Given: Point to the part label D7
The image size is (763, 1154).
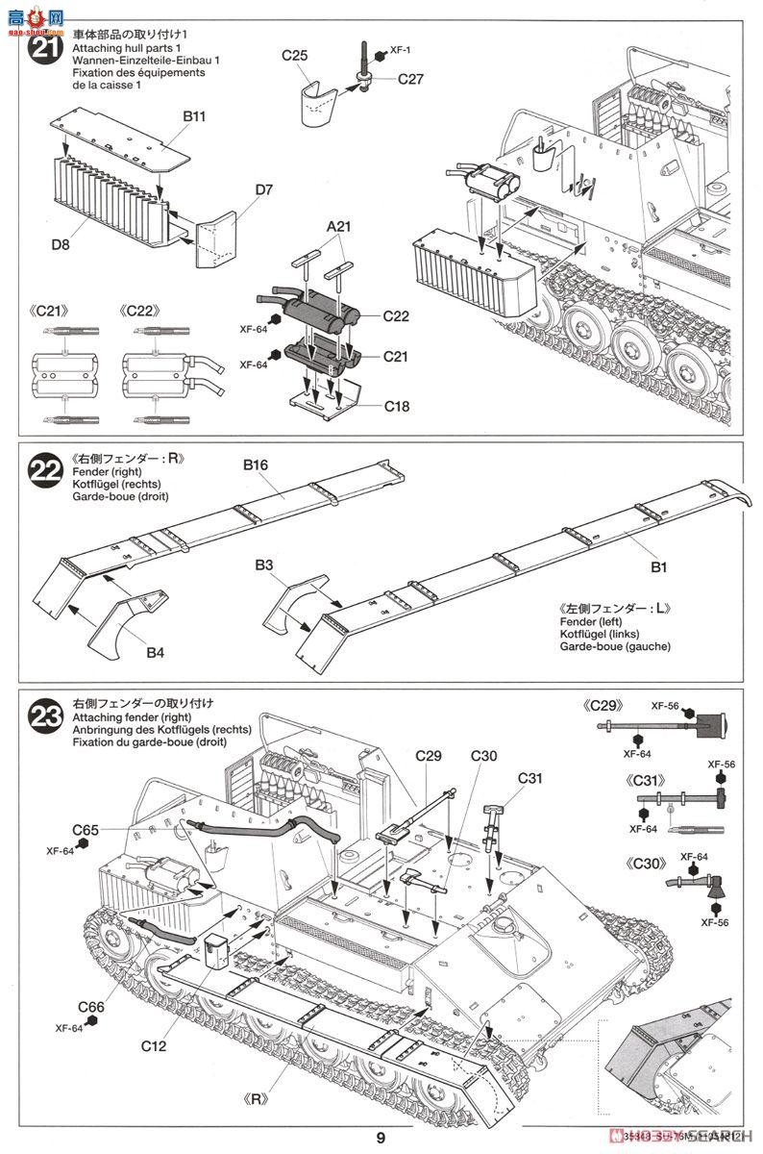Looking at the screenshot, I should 264,189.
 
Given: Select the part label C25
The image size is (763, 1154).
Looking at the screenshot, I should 295,57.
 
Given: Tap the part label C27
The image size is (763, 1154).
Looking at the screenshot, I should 410,79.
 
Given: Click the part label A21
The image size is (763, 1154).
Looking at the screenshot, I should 339,226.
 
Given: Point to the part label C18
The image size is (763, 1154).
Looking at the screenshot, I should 395,406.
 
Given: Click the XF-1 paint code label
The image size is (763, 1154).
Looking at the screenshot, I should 401,51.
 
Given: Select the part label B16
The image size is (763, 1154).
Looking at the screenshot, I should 255,464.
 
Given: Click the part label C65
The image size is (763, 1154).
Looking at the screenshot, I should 86,829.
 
